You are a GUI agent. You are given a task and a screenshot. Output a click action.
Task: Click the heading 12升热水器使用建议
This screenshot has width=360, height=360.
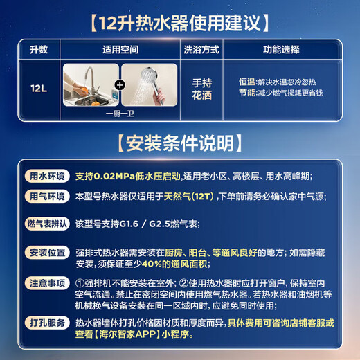[x=179, y=22]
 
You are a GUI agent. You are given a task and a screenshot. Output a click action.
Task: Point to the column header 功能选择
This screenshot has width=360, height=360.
[x=285, y=50]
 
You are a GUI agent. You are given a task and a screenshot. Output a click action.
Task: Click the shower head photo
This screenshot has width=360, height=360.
[x=148, y=85]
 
